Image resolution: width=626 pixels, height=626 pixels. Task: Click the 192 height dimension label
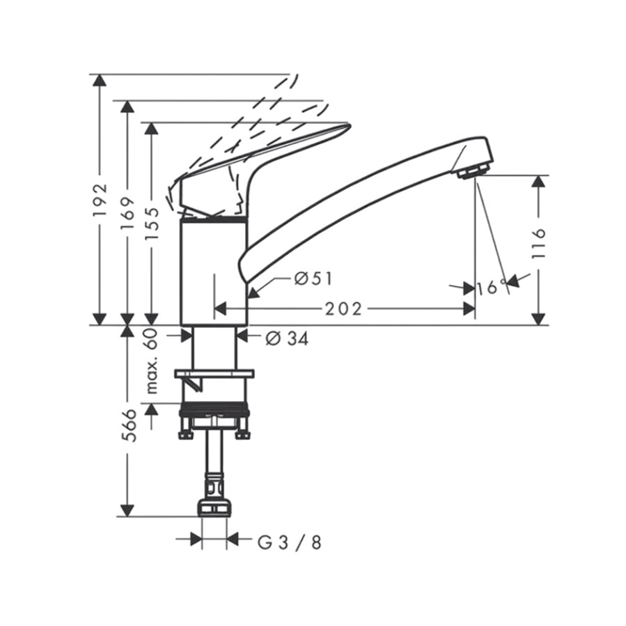tap(100, 199)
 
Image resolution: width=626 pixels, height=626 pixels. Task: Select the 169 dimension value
tap(128, 214)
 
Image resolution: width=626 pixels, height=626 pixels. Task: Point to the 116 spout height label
tap(538, 244)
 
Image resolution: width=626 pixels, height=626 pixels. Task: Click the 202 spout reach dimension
tap(343, 308)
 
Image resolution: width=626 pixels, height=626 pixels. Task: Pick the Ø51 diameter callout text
tap(313, 279)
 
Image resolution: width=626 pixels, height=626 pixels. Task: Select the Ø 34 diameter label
tap(288, 339)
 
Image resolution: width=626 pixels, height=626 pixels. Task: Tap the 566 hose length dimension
tap(128, 425)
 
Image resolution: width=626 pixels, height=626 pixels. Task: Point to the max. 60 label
tap(151, 361)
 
